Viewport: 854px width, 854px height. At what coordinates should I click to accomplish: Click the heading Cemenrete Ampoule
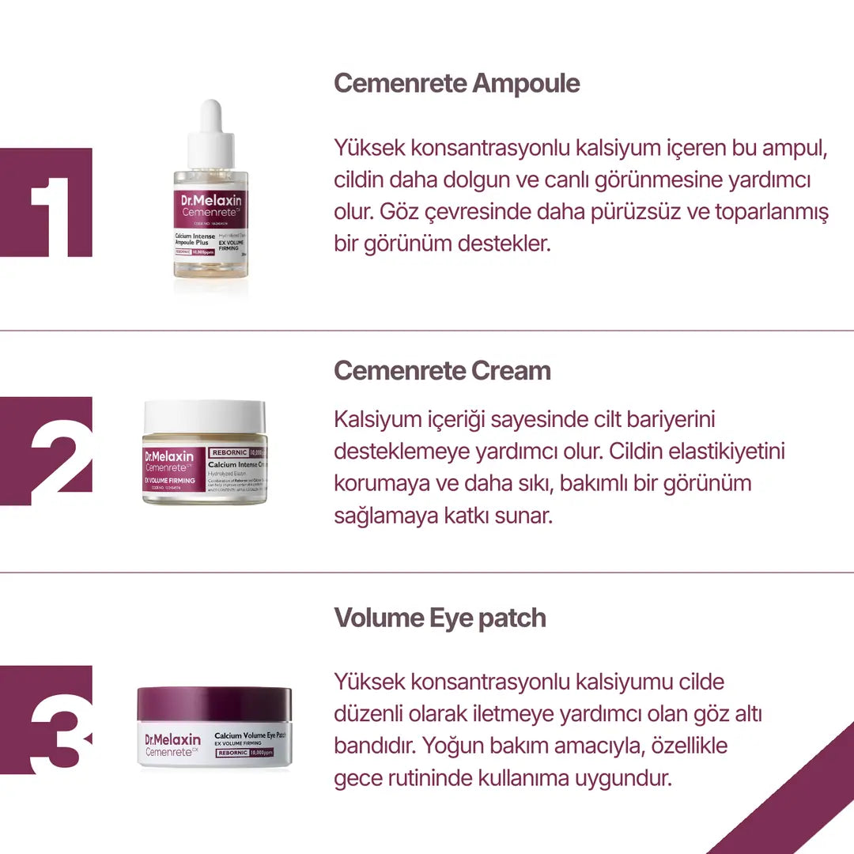pyautogui.click(x=456, y=83)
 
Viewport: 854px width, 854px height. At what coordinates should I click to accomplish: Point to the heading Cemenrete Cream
pyautogui.click(x=442, y=370)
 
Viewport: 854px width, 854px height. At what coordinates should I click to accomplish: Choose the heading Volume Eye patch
pyautogui.click(x=440, y=618)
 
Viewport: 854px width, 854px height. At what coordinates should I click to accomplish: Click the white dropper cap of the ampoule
pyautogui.click(x=210, y=131)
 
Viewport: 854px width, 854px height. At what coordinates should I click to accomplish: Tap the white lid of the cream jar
pyautogui.click(x=205, y=417)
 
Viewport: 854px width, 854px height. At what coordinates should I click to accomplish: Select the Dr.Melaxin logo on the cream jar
pyautogui.click(x=168, y=456)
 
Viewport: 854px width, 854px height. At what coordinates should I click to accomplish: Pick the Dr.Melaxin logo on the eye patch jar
pyautogui.click(x=173, y=739)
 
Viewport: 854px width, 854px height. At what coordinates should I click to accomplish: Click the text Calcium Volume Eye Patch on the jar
pyautogui.click(x=249, y=735)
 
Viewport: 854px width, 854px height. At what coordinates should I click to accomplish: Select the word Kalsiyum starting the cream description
pyautogui.click(x=375, y=420)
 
